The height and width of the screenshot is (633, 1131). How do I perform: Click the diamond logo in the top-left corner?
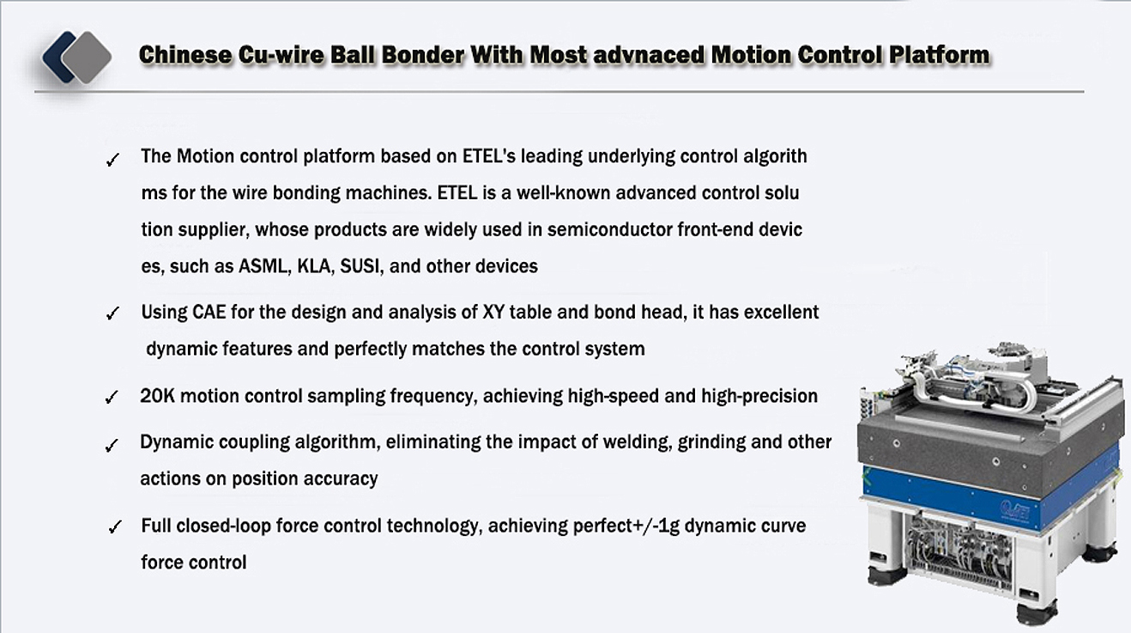[76, 57]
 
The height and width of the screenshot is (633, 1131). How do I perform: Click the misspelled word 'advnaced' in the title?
[648, 55]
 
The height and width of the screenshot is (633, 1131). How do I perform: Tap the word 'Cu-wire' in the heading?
[281, 55]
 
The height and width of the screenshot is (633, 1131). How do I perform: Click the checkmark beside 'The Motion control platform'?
[112, 160]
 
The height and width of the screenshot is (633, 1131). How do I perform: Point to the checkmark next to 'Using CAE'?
[112, 313]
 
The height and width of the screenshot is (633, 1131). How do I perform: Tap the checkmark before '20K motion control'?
[112, 397]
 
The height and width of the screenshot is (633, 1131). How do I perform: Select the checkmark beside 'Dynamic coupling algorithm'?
[112, 445]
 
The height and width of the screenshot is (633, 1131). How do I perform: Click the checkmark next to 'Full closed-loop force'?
[115, 526]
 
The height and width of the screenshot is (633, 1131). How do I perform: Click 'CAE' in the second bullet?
[209, 313]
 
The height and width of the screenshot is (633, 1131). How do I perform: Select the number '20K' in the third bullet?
[158, 396]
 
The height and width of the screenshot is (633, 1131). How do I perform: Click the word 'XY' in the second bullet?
[493, 313]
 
